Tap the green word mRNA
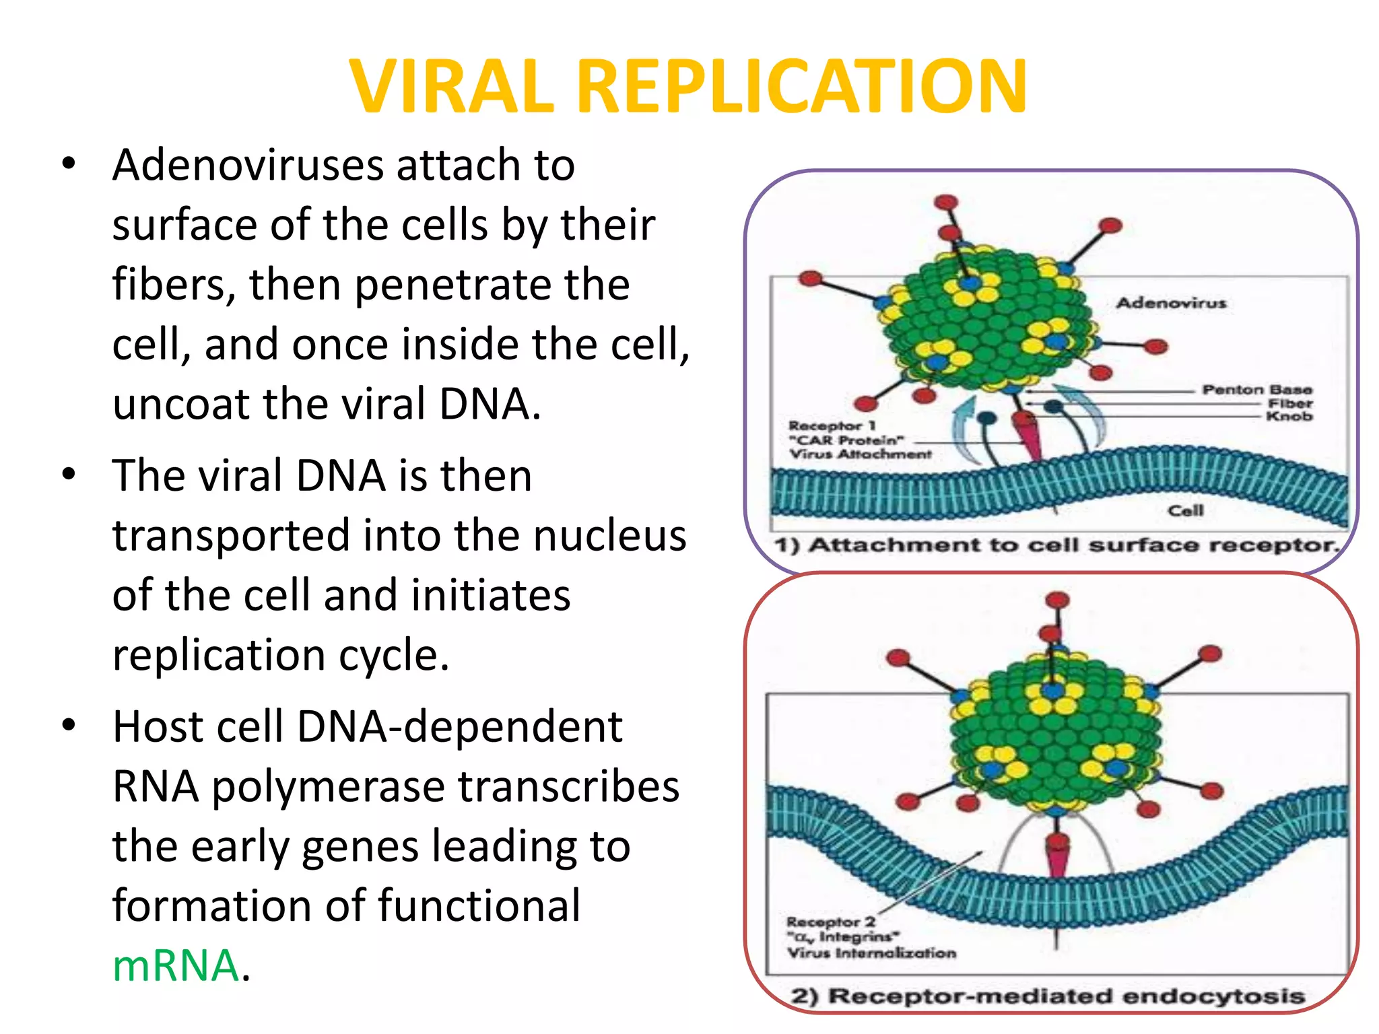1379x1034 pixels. [x=176, y=965]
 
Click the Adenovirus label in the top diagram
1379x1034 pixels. [x=1171, y=303]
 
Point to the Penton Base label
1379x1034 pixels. [x=1256, y=390]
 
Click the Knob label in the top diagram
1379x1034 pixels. [x=1289, y=417]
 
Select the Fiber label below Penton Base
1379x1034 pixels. [x=1290, y=403]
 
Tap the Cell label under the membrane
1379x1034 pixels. [x=1185, y=511]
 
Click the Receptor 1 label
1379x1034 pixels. [x=832, y=426]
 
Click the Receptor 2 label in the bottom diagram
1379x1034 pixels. [x=830, y=922]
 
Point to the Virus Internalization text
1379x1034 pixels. [x=871, y=953]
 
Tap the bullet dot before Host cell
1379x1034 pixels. [x=68, y=726]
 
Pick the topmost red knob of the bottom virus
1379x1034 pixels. [x=1058, y=600]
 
